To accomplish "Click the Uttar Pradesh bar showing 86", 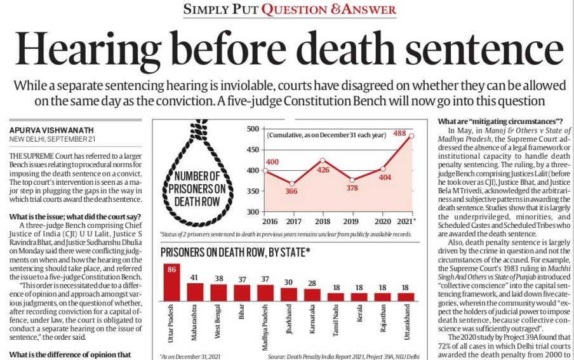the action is tap(171, 283).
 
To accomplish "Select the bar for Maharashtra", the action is tap(195, 292).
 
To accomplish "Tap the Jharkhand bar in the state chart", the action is tap(289, 295).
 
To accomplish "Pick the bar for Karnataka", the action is tap(312, 295).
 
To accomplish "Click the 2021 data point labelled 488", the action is tap(411, 136).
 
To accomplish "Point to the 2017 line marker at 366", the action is tap(291, 184).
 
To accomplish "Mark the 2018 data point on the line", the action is tap(323, 160).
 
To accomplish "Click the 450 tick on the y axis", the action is tap(253, 150).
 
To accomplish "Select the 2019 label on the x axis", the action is tap(350, 222).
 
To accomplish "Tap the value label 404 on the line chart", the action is tap(385, 178).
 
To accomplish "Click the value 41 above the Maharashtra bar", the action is tap(194, 277).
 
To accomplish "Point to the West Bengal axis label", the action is tap(217, 321).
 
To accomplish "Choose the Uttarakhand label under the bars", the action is tap(407, 322).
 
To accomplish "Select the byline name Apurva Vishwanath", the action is tap(51, 130).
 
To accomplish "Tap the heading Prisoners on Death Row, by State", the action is tap(236, 252).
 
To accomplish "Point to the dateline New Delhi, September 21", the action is tap(52, 139).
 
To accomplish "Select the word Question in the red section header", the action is tap(295, 10).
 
